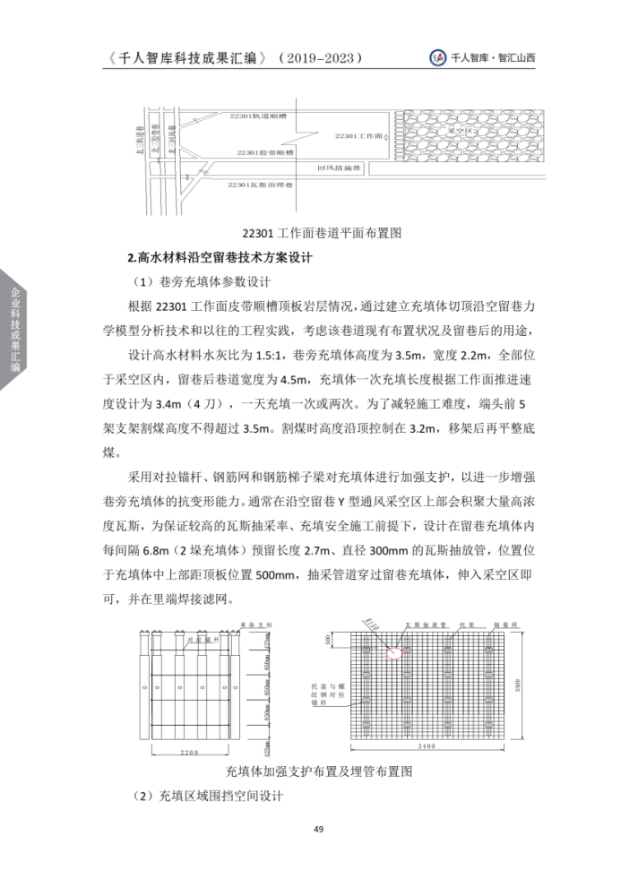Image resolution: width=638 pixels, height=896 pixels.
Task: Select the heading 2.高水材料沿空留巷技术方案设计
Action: tap(220, 257)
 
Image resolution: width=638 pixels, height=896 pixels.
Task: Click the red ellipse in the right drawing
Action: tap(395, 651)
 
